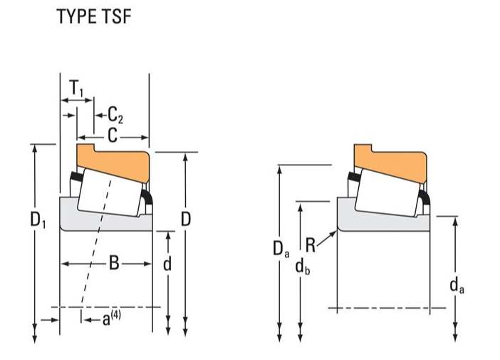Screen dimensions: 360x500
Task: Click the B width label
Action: point(114,264)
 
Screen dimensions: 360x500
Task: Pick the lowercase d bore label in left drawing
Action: point(167,264)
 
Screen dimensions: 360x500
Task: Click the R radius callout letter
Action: point(310,247)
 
